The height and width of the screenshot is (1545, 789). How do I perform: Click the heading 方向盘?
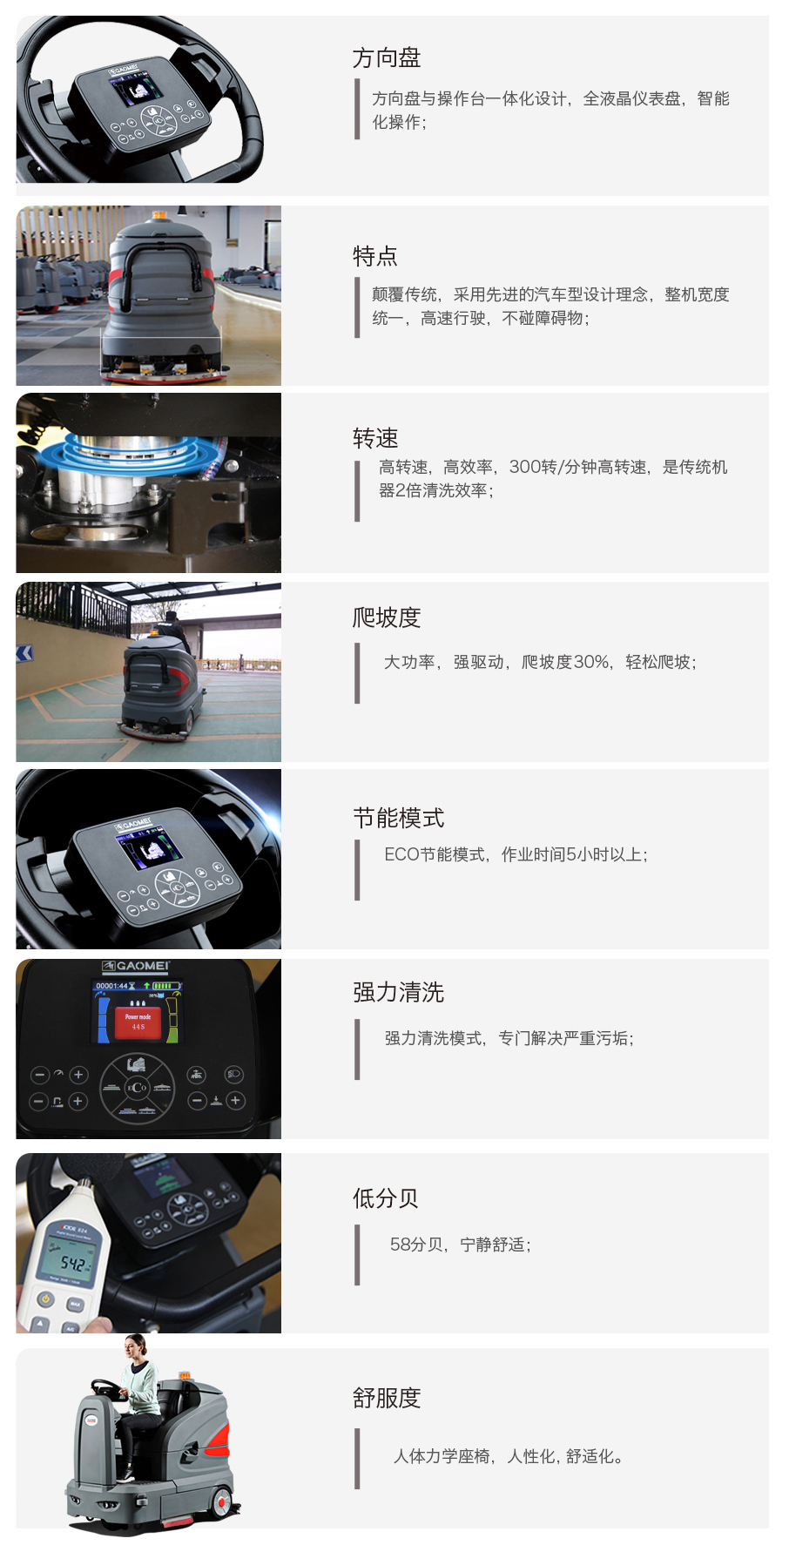387,57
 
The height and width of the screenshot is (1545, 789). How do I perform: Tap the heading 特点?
375,256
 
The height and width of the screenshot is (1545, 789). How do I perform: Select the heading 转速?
375,438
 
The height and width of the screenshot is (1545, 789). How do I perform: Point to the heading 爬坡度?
387,617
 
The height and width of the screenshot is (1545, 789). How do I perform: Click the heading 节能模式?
399,818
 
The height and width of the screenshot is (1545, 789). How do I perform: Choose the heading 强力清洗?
399,992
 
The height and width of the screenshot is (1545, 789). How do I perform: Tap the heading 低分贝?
386,1198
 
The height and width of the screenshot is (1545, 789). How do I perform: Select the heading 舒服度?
387,1398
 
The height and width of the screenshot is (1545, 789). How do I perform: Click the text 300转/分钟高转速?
578,468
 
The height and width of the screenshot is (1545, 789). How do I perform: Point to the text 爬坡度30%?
565,662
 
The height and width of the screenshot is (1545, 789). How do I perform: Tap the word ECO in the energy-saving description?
402,855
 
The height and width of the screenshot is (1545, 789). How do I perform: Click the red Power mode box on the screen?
138,1022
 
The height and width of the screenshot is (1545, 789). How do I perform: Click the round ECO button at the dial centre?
138,1088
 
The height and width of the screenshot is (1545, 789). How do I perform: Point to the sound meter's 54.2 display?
73,1263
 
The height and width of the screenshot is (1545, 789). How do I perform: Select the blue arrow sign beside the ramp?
24,653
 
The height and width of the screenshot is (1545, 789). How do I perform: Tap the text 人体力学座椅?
442,1456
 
